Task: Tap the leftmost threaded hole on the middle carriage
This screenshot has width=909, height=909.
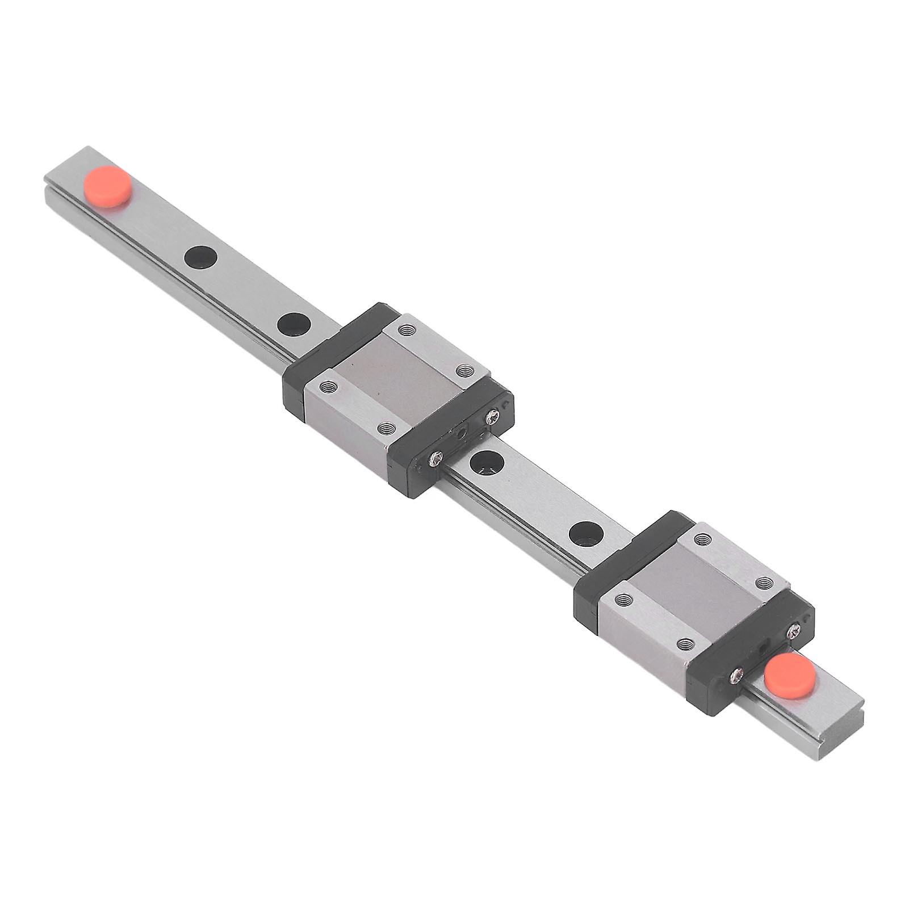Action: click(x=328, y=387)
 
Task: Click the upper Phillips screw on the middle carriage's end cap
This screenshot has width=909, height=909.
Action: click(x=492, y=418)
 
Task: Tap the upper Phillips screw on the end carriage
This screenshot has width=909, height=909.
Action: click(x=794, y=629)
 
